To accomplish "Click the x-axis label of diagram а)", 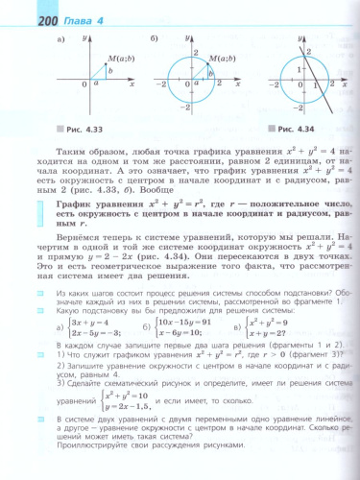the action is (x=132, y=87).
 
